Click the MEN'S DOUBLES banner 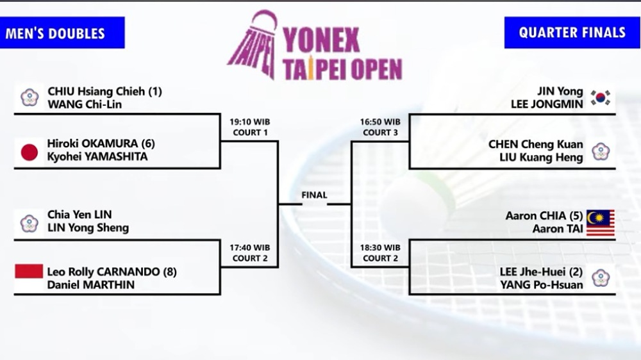click(x=62, y=33)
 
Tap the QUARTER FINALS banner click(x=572, y=33)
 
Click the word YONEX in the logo click(x=321, y=40)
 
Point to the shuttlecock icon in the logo click(x=253, y=44)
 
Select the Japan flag click(x=29, y=152)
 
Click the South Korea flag click(x=600, y=97)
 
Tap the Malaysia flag click(x=601, y=223)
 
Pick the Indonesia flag click(x=29, y=278)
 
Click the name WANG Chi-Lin click(x=85, y=104)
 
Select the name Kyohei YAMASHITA click(x=97, y=156)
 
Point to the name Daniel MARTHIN click(x=91, y=285)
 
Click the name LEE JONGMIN click(x=547, y=104)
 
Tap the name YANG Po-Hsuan click(x=542, y=285)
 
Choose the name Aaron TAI click(x=558, y=229)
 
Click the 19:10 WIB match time click(x=250, y=122)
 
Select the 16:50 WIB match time click(x=380, y=122)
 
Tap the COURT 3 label click(x=380, y=133)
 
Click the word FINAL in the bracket click(x=314, y=195)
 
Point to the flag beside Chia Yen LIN click(x=29, y=223)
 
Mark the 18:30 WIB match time click(x=380, y=248)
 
